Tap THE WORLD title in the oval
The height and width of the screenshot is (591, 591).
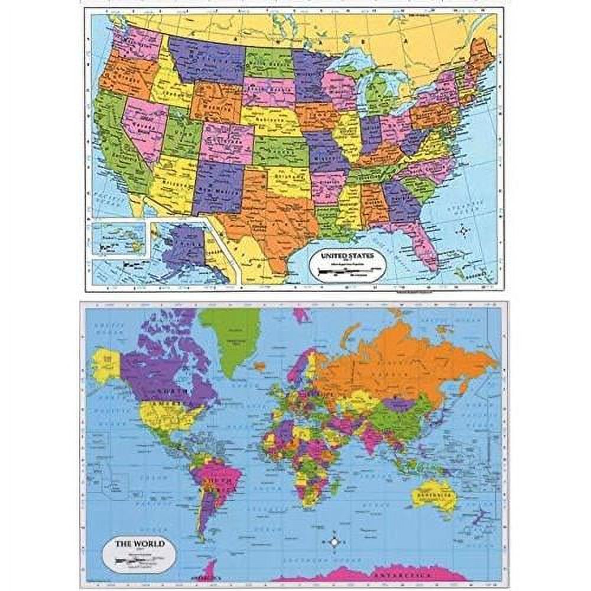[132, 544]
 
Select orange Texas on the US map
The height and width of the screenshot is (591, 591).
[272, 216]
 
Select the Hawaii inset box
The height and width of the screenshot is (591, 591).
[119, 239]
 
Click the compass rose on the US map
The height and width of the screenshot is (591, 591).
[464, 229]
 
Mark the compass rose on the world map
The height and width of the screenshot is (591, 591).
[335, 541]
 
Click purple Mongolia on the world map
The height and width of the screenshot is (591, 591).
[399, 404]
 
